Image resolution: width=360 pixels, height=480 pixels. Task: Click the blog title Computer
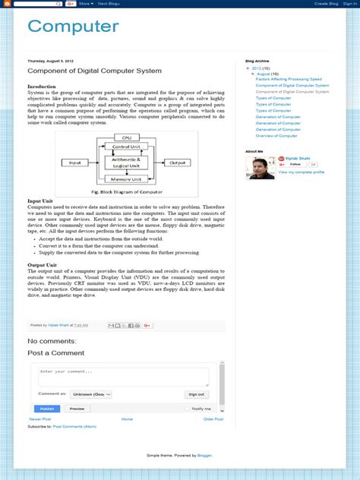tap(73, 27)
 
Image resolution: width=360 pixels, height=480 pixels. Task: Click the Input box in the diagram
tap(75, 163)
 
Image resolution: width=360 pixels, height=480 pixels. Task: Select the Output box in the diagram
tap(178, 163)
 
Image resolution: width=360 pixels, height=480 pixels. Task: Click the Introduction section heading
tap(42, 87)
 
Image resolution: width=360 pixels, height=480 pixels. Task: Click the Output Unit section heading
tap(43, 265)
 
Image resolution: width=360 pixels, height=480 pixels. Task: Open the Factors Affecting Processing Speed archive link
tap(289, 79)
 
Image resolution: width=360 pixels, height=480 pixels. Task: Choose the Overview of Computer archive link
tap(276, 135)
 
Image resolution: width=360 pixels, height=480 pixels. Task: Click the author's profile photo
tap(260, 168)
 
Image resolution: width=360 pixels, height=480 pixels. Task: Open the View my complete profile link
tap(302, 172)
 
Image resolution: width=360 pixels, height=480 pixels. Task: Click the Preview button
tap(77, 409)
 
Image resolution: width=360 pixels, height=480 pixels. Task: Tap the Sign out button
tap(196, 394)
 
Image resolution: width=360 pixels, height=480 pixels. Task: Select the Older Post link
tap(213, 419)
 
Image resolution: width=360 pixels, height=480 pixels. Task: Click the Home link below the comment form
tap(127, 419)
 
